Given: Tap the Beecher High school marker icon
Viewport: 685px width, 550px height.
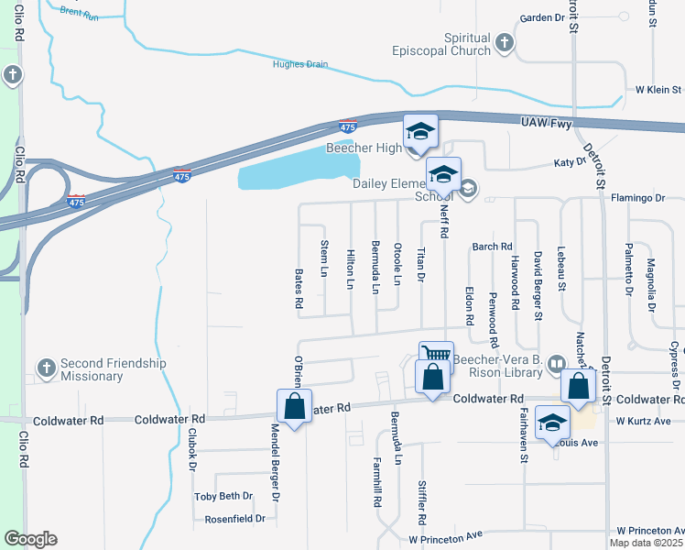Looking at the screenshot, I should pos(421,131).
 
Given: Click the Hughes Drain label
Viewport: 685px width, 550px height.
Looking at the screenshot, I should pos(299,64).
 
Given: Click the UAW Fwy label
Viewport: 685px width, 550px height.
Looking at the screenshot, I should pos(546,122).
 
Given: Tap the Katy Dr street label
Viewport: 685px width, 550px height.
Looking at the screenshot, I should pos(570,162).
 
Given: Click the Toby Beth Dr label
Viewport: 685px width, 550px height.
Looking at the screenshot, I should pos(223,496).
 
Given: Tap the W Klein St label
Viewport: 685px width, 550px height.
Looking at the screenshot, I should pos(658,90).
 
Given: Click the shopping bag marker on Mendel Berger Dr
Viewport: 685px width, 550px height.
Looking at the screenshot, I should pos(294,406).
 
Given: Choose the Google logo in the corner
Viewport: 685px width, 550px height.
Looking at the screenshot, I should pos(30,539).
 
